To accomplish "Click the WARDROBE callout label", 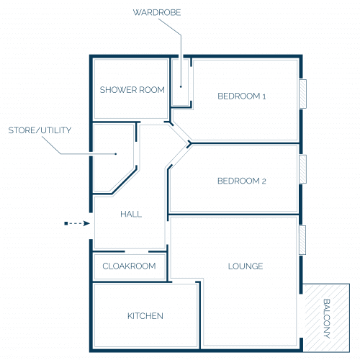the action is click(x=157, y=12).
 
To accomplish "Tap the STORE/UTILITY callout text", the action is click(x=40, y=130).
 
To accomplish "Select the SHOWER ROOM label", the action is click(x=132, y=90).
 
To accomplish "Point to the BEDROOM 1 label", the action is click(x=241, y=96).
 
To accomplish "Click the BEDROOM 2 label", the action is click(x=241, y=181).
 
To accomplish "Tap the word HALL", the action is click(x=131, y=214).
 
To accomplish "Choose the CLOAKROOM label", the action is click(x=129, y=266).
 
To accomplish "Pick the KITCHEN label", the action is click(x=145, y=316).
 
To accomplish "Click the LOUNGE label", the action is click(x=246, y=266).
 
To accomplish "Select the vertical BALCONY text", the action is click(x=327, y=319).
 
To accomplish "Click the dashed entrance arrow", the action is click(x=77, y=223).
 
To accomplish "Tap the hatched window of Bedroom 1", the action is click(x=302, y=94).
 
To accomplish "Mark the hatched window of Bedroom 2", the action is click(x=303, y=169).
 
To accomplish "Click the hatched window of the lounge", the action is click(x=302, y=240).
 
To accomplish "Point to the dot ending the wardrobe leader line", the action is click(x=181, y=86).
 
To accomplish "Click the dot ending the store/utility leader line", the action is click(x=116, y=154).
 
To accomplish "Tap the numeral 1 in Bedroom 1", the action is click(x=264, y=96).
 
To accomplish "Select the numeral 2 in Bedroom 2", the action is click(x=264, y=181).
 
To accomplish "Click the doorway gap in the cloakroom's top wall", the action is click(x=137, y=251).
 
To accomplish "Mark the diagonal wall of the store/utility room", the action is click(x=125, y=181).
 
